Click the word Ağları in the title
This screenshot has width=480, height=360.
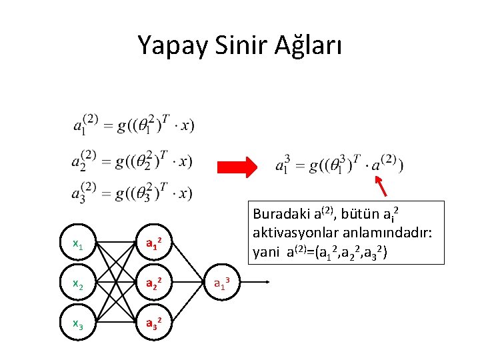click(307, 46)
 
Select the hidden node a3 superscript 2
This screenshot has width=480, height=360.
click(153, 324)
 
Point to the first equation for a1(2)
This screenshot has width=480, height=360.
click(133, 125)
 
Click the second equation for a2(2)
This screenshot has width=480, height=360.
click(133, 161)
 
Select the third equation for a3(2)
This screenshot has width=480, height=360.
click(133, 193)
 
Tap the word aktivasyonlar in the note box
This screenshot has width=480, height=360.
click(293, 235)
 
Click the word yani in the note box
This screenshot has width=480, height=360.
click(265, 253)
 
